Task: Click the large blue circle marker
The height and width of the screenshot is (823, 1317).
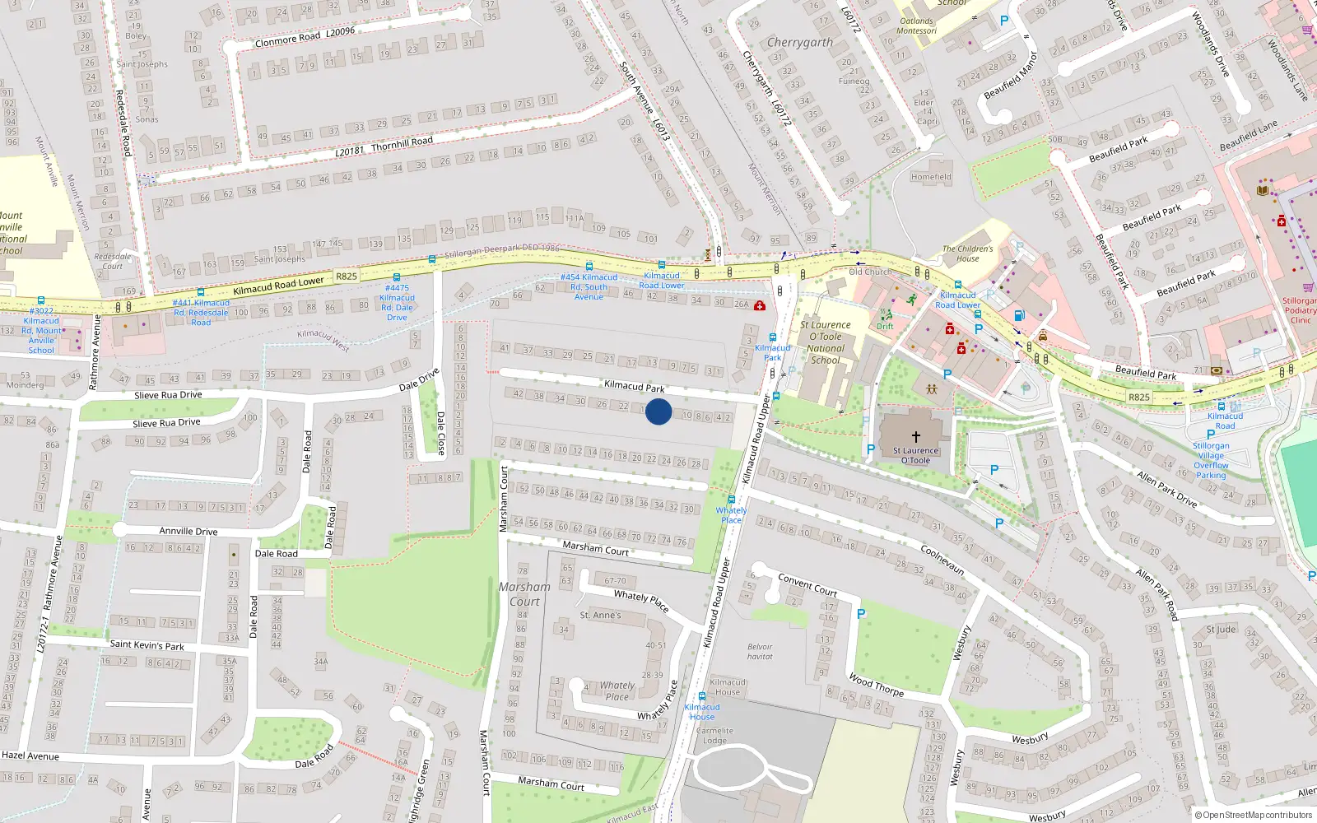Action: click(x=658, y=411)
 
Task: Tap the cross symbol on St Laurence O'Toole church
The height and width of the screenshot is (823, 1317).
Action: click(x=915, y=437)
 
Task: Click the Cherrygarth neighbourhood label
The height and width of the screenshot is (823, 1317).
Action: click(x=799, y=42)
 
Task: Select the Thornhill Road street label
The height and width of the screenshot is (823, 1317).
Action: click(x=402, y=143)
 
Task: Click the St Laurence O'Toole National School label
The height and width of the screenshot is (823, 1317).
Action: click(x=825, y=342)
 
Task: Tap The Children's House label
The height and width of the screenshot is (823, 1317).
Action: click(x=967, y=253)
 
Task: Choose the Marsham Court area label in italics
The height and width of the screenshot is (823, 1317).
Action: click(x=524, y=594)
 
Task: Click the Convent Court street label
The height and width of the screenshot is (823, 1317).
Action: click(x=807, y=585)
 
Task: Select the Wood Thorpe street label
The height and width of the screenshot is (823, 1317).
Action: click(x=876, y=686)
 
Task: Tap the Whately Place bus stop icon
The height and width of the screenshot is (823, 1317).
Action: click(x=731, y=499)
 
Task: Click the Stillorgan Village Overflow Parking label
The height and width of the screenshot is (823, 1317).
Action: click(x=1211, y=460)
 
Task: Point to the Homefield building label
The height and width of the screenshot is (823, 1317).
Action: click(x=931, y=177)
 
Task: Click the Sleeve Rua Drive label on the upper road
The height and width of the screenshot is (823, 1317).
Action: click(x=168, y=395)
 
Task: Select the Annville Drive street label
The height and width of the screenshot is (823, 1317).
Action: click(x=188, y=531)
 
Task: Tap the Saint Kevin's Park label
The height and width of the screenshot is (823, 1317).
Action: click(x=147, y=645)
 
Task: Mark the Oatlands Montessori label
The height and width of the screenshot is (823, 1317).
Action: click(x=916, y=26)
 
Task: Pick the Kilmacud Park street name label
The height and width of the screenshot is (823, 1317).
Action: click(x=634, y=386)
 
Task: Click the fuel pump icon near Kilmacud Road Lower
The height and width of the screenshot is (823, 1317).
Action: click(x=1019, y=315)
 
